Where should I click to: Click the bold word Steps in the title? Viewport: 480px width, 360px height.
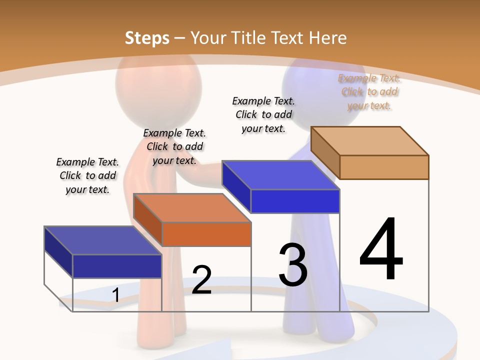[x=147, y=38]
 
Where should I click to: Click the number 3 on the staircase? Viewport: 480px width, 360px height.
[x=293, y=265]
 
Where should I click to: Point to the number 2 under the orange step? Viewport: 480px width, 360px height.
[x=201, y=280]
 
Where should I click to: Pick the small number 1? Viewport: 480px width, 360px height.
[x=115, y=295]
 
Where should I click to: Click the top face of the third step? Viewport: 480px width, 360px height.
[x=280, y=175]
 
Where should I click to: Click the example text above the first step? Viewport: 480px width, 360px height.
[x=87, y=175]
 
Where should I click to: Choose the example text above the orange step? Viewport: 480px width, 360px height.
[x=174, y=146]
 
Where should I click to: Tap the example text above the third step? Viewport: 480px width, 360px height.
[x=263, y=114]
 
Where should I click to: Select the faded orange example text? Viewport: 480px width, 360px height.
[x=369, y=91]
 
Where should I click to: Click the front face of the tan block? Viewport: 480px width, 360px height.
[x=384, y=167]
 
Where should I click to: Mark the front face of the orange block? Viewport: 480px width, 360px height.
[x=206, y=234]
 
